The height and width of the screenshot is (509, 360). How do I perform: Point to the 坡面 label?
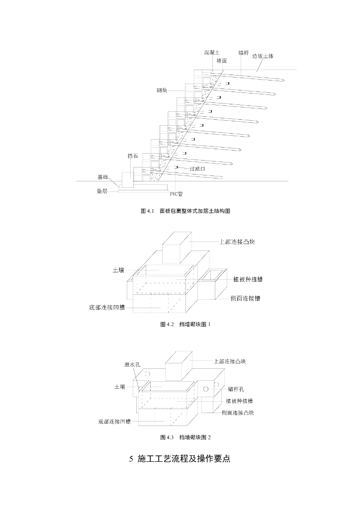click(222, 60)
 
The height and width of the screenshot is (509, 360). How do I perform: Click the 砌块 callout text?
click(162, 91)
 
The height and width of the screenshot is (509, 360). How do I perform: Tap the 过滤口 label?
click(197, 169)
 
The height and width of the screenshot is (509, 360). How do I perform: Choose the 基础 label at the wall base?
click(102, 177)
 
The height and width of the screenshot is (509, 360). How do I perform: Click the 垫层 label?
click(102, 191)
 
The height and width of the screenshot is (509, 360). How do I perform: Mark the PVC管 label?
click(177, 194)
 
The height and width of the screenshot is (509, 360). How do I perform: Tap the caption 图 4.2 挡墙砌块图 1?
click(185, 324)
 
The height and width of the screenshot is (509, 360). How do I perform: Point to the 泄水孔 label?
click(132, 364)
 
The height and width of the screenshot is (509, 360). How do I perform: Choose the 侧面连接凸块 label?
click(238, 413)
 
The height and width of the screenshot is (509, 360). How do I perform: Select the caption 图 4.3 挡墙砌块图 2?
click(185, 437)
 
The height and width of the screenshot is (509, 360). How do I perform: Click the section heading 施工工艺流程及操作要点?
click(180, 458)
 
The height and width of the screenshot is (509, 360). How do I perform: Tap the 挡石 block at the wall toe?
click(126, 178)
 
